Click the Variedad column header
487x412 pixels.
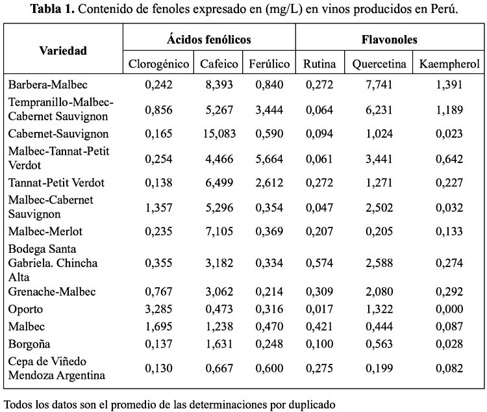(63, 51)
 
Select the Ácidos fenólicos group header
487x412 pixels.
(208, 39)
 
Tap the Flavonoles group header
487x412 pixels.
(389, 40)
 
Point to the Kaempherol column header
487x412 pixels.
(449, 64)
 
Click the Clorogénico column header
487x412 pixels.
(158, 64)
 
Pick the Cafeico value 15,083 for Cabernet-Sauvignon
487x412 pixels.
(219, 134)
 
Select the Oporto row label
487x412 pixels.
(25, 309)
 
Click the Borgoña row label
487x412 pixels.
(29, 344)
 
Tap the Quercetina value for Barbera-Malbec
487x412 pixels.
(379, 84)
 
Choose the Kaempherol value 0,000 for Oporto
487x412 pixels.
(449, 309)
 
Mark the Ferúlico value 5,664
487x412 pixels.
(269, 159)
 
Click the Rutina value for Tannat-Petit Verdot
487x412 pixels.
(319, 183)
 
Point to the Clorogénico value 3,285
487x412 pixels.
(158, 309)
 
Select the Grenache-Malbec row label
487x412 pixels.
(52, 292)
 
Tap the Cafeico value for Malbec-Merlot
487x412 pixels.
(219, 231)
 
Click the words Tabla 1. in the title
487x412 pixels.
(53, 9)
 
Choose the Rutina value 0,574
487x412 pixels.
(319, 263)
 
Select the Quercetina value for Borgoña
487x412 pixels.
(379, 344)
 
